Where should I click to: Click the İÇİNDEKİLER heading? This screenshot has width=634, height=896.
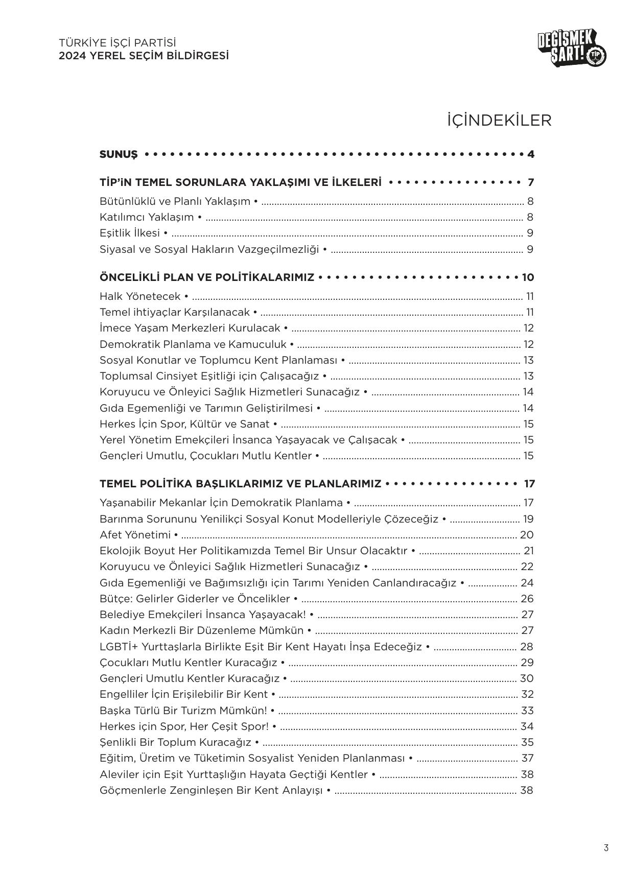pos(499,121)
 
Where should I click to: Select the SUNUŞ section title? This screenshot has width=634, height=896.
pos(119,154)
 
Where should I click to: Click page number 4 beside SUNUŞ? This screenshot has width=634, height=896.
pos(531,154)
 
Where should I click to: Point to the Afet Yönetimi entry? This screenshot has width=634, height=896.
pos(135,535)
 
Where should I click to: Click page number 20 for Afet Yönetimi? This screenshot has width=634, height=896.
pos(527,535)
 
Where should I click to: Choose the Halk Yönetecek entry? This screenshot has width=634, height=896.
pos(140,296)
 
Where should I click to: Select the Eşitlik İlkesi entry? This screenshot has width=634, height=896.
pos(130,233)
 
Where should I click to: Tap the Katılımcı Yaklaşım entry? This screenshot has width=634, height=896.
pos(147,217)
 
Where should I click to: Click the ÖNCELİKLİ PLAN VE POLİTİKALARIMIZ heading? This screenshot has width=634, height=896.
pos(207,277)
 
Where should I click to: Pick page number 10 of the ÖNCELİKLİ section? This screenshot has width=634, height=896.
pos(528,277)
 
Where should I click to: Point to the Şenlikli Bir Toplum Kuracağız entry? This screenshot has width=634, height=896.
pos(176,742)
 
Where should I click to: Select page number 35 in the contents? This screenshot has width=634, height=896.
pos(527,742)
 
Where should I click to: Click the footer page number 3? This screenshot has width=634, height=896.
pos(606,848)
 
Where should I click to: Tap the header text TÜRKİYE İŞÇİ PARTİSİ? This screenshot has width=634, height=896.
pos(118,43)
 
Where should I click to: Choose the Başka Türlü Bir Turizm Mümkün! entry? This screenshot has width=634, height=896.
pos(183,711)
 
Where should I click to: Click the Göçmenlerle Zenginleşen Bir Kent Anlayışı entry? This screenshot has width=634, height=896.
pos(212,790)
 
